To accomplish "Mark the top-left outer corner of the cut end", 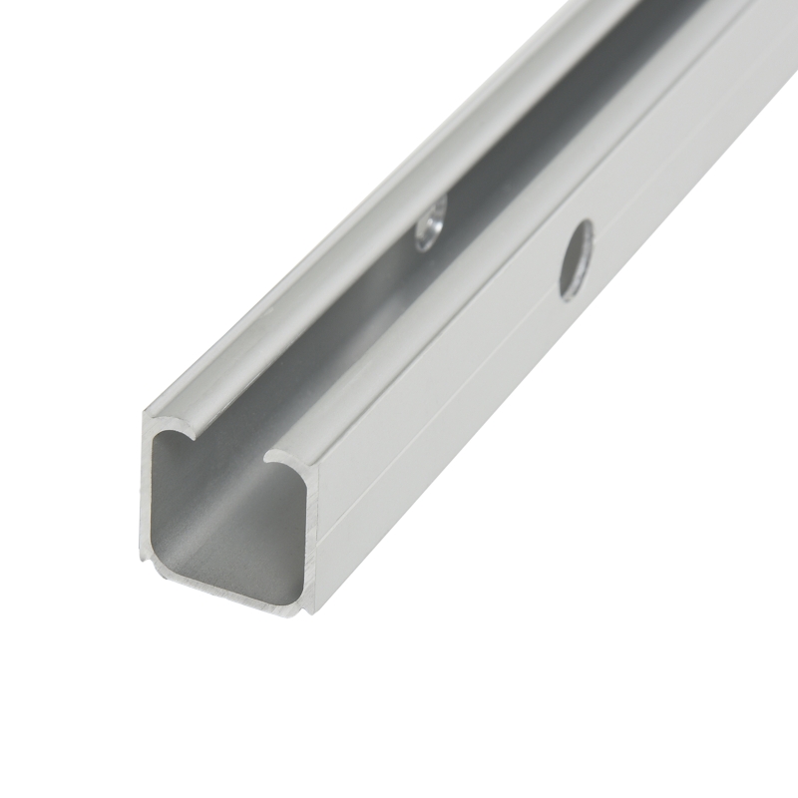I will [x=146, y=411].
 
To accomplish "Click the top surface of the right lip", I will [x=479, y=299].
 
